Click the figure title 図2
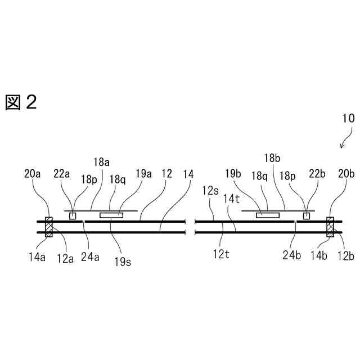(21, 102)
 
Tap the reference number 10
(348, 119)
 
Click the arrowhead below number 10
(342, 147)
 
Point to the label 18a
(101, 162)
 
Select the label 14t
(232, 198)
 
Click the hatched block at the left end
(49, 227)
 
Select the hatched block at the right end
(330, 227)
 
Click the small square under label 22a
(73, 216)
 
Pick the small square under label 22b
(307, 216)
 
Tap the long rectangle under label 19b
(268, 215)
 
